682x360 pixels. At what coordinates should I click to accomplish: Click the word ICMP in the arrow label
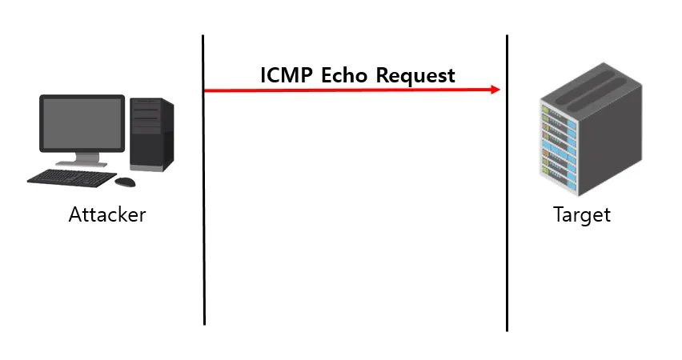[x=287, y=75]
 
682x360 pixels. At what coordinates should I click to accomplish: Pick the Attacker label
[x=107, y=215]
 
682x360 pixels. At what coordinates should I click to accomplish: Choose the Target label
[x=582, y=215]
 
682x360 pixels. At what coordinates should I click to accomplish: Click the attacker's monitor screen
[x=82, y=123]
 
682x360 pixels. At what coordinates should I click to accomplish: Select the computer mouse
[x=126, y=182]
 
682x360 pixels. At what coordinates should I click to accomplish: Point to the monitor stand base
[x=80, y=163]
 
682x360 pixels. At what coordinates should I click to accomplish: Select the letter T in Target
[x=559, y=215]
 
